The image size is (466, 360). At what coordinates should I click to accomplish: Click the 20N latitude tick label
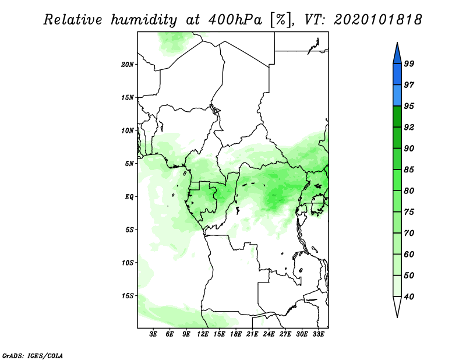[128, 65]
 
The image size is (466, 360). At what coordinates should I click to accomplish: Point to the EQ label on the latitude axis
[129, 197]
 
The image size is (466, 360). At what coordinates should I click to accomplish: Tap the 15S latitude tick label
[128, 296]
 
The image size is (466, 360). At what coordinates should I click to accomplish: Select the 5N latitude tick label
[129, 164]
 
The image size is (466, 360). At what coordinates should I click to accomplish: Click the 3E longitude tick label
[153, 334]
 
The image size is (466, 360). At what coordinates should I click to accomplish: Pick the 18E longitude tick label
[236, 334]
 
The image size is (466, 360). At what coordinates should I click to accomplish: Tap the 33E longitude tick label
[318, 334]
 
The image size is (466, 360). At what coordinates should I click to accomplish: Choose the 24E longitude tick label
[269, 334]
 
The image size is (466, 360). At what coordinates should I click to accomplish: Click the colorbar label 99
[409, 63]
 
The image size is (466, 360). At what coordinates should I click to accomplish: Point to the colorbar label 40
[409, 297]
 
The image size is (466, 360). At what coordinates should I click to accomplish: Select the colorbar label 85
[409, 170]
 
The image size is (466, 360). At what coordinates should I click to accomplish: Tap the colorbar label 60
[409, 254]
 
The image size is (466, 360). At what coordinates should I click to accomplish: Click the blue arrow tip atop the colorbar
[397, 43]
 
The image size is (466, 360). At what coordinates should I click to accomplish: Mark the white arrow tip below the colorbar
[397, 317]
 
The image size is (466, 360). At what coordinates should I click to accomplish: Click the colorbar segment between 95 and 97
[397, 96]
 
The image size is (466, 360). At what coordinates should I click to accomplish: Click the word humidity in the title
[144, 20]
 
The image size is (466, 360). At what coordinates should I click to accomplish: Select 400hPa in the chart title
[235, 20]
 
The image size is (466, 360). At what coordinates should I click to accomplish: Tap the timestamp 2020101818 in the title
[377, 20]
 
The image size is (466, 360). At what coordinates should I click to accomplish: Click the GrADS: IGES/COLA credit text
[33, 355]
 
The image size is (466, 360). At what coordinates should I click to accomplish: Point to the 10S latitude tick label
[128, 263]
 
